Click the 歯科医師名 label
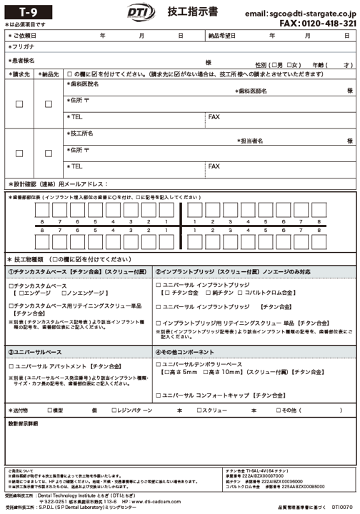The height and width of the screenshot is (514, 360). click(x=255, y=91)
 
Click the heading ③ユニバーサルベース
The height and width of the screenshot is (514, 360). click(x=35, y=352)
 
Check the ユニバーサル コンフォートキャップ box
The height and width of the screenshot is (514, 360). click(x=159, y=395)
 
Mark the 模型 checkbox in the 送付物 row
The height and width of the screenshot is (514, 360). click(x=49, y=410)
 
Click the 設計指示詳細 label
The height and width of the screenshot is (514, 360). click(x=23, y=424)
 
